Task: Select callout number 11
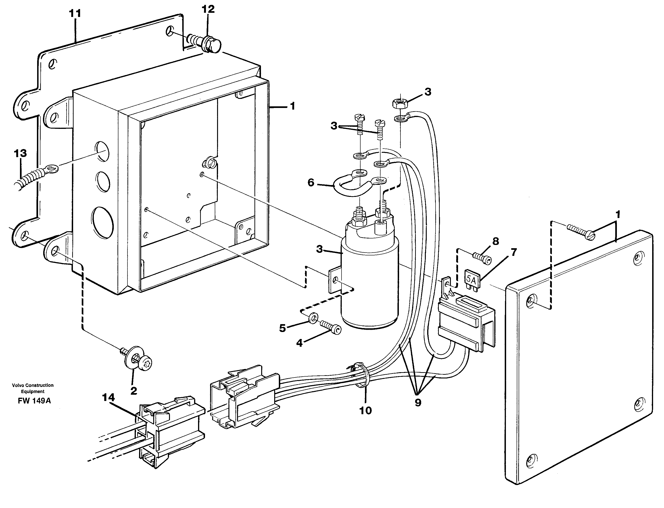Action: click(x=75, y=14)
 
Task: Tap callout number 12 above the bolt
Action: click(x=208, y=9)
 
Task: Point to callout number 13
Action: click(x=20, y=153)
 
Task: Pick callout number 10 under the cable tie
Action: click(x=365, y=410)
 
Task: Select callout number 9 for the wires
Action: click(x=418, y=402)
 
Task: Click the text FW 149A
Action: click(x=34, y=401)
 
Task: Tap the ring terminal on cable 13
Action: click(x=51, y=168)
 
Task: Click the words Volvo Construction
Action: click(x=33, y=385)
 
